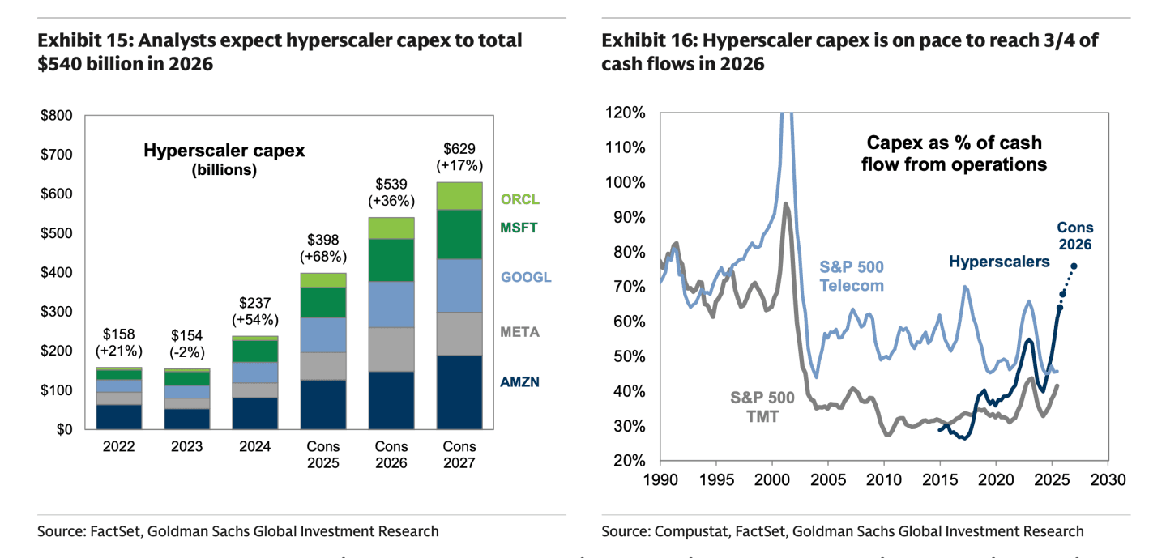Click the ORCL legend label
[520, 199]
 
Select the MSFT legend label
[520, 228]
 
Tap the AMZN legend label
[520, 381]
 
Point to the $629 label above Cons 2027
[459, 148]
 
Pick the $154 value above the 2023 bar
[187, 336]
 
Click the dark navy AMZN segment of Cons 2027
[459, 392]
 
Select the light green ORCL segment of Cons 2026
[391, 228]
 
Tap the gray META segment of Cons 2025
[323, 365]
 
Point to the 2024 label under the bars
[256, 446]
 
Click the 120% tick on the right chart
[626, 113]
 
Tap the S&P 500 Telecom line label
[852, 275]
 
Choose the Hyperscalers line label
[999, 262]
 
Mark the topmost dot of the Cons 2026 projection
[1074, 266]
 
